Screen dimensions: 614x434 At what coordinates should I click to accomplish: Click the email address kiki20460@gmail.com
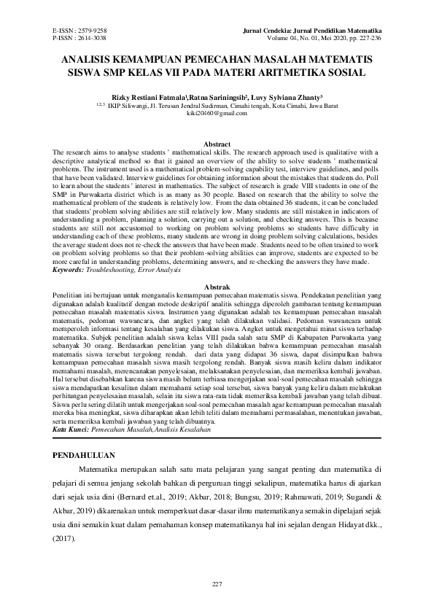pyautogui.click(x=217, y=114)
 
